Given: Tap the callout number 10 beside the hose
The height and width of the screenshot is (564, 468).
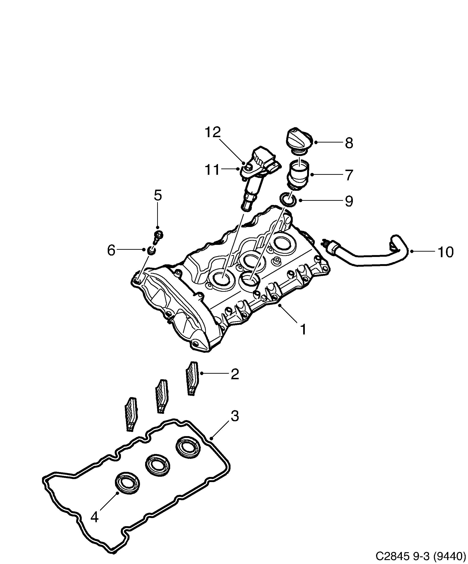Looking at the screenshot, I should click(x=445, y=252).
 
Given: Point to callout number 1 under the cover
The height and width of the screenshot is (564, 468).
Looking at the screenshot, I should click(x=303, y=329).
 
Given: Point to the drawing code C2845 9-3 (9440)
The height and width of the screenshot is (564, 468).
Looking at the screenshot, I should click(x=420, y=556).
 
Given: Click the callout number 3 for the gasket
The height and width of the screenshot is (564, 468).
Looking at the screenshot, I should click(x=234, y=417).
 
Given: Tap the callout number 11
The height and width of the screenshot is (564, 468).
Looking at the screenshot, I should click(x=212, y=170).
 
